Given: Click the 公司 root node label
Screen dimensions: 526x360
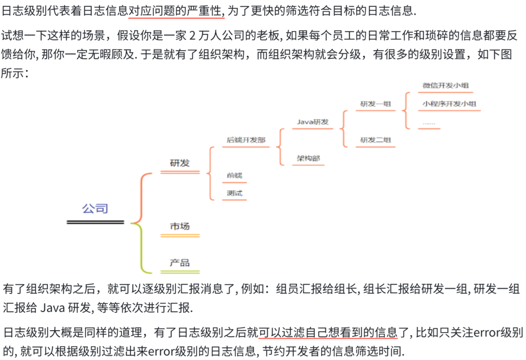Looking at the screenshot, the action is tap(95, 209).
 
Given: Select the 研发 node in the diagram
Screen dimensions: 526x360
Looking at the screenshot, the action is tap(180, 163).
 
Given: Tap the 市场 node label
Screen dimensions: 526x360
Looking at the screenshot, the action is tap(180, 226).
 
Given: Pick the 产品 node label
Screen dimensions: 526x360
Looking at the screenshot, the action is tap(180, 262).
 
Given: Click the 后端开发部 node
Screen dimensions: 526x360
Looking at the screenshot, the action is tap(246, 140).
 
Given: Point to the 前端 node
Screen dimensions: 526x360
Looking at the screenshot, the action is tap(234, 175).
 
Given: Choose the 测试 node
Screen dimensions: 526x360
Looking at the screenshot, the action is tap(234, 193).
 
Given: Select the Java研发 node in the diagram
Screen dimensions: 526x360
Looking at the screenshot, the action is tap(312, 122).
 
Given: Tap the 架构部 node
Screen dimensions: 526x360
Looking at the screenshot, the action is tap(308, 158).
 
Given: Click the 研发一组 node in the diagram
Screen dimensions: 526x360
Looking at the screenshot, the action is tap(375, 104).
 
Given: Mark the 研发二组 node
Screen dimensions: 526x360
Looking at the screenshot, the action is tap(375, 140).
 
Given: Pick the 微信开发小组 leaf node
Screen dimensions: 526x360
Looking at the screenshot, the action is tap(445, 85).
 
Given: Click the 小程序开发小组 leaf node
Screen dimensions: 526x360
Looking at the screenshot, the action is tap(449, 104).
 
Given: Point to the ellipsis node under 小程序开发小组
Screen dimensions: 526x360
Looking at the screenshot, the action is tap(429, 123).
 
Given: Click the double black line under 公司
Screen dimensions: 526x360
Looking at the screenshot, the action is tap(95, 222).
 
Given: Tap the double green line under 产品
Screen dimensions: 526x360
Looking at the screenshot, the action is tap(180, 272).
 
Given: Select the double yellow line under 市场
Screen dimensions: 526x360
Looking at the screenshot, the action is tap(180, 236).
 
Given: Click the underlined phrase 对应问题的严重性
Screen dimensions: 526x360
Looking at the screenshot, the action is tap(176, 11).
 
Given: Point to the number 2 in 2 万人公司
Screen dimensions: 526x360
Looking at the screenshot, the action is tap(192, 36).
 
